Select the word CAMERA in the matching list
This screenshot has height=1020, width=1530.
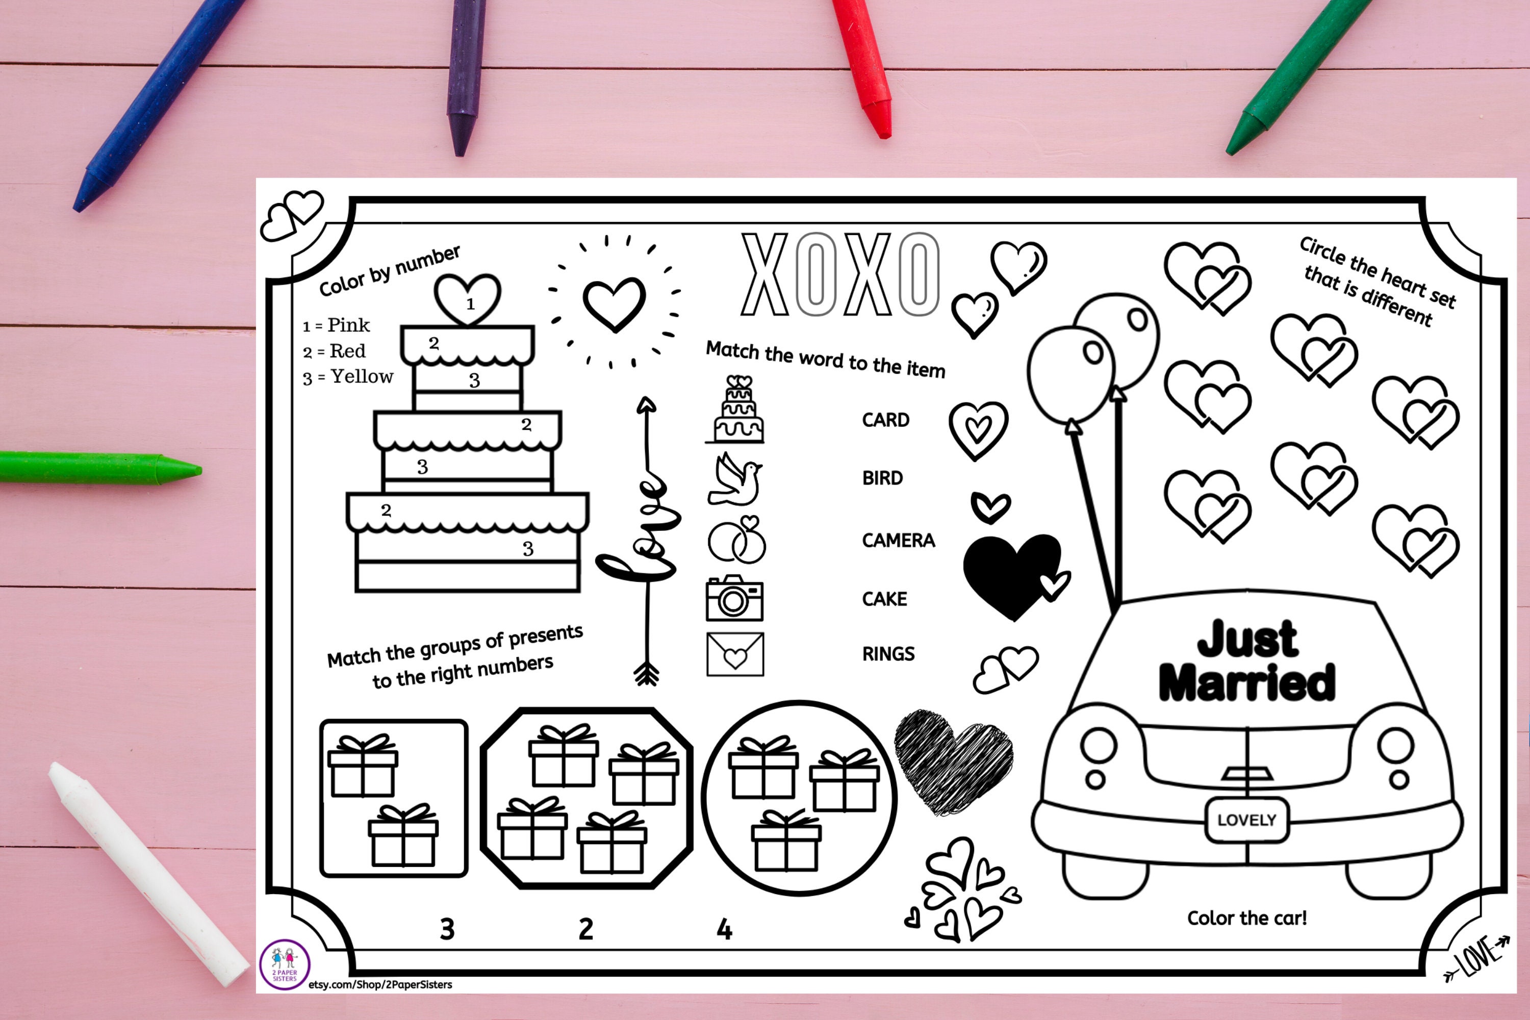[x=898, y=541]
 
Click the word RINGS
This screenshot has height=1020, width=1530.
[x=888, y=654]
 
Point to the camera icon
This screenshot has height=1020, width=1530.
[x=734, y=598]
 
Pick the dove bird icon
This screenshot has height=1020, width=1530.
[x=735, y=480]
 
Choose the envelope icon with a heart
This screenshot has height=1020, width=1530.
[x=735, y=654]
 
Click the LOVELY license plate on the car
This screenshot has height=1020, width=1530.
[x=1246, y=820]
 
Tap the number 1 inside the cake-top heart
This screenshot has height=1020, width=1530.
[x=470, y=303]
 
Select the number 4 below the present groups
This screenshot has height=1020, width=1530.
[x=724, y=930]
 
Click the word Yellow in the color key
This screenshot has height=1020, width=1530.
[x=362, y=377]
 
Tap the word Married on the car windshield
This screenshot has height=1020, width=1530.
[x=1247, y=683]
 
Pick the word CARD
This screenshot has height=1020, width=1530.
[x=885, y=420]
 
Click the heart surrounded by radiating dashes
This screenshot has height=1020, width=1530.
[x=614, y=303]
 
